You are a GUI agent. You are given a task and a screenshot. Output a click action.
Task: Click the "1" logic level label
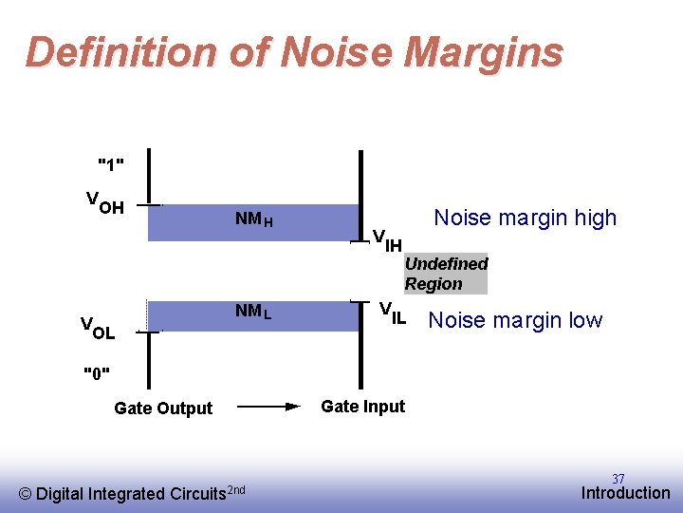111,164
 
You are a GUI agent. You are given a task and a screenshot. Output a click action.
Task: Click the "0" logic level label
96,371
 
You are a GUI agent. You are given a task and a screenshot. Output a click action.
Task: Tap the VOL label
98,330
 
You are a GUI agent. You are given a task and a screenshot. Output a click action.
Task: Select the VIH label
386,240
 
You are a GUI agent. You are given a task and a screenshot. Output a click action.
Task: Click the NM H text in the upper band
254,219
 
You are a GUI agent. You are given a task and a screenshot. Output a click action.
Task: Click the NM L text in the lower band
253,311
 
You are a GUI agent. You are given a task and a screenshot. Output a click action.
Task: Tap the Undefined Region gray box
445,274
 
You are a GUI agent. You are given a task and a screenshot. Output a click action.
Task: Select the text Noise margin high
525,218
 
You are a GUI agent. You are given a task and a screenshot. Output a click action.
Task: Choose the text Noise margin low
515,320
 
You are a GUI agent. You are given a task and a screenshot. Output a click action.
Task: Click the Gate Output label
163,408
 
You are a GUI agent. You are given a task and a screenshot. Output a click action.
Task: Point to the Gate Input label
362,407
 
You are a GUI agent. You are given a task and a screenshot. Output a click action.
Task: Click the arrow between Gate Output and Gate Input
267,407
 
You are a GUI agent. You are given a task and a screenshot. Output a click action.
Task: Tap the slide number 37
618,479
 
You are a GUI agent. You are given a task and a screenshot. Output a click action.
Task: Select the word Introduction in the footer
625,492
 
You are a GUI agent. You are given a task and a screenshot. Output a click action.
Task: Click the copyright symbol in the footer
26,493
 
